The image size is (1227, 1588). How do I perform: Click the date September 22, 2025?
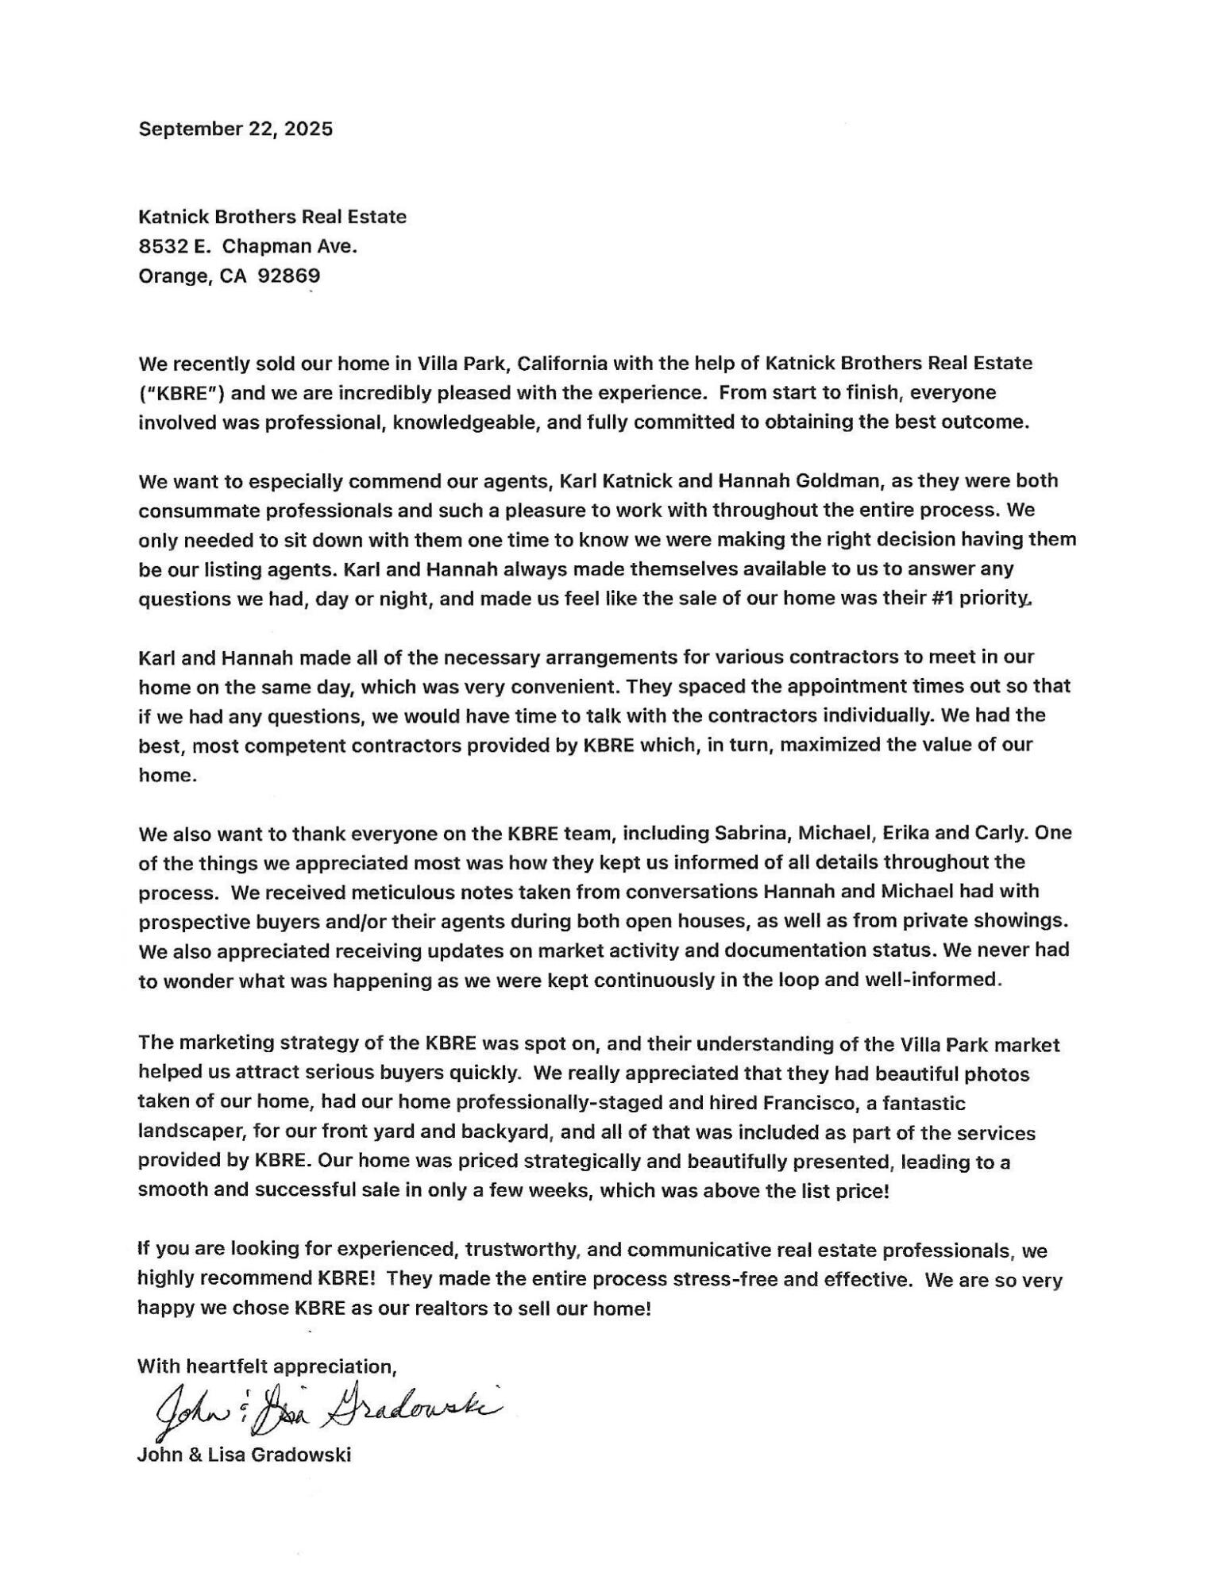(235, 129)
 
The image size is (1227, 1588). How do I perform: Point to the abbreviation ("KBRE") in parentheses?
(173, 392)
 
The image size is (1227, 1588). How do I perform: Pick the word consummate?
(195, 510)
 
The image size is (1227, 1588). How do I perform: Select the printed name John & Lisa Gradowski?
(244, 1455)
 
